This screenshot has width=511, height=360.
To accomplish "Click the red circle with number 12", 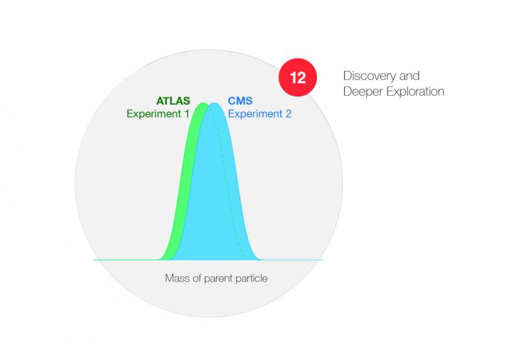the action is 298,77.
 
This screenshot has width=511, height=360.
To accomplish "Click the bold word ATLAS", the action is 173,101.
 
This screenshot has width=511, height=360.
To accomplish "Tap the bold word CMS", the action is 240,101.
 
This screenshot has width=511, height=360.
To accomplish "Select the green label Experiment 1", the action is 158,114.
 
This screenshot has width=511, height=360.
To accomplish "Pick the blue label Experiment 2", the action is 259,114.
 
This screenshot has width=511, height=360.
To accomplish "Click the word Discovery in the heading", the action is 370,76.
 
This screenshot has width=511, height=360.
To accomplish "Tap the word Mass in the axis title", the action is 177,278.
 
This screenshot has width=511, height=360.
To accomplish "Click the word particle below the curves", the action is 251,278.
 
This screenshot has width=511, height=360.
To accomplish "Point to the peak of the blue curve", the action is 214,103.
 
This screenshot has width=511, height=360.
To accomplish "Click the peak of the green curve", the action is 203,103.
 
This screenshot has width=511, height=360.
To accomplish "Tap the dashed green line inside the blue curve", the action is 227,183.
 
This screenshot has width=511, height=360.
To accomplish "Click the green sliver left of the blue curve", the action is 184,183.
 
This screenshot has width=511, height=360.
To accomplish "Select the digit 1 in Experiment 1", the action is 187,114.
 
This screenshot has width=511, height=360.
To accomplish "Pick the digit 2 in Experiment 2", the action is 288,114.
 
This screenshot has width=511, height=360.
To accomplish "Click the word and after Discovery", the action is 409,76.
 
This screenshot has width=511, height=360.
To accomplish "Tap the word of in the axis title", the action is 196,278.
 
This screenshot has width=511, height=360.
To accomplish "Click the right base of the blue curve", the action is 260,260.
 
